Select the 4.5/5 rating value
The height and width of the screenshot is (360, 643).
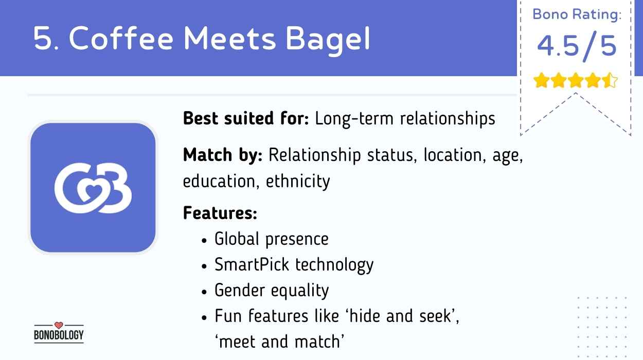[577, 46]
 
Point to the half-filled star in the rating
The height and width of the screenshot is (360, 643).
[610, 81]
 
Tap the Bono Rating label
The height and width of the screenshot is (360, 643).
[577, 14]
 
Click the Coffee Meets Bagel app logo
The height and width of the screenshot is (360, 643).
[93, 187]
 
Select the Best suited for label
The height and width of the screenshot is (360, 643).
[246, 119]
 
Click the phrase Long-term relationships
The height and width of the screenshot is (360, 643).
[405, 119]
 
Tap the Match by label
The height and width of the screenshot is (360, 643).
[223, 155]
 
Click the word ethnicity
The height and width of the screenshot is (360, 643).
[298, 182]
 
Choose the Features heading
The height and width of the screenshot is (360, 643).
[220, 213]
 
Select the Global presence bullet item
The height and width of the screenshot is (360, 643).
[271, 239]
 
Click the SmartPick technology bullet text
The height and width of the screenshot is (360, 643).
[294, 265]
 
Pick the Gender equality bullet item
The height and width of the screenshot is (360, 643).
[271, 291]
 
